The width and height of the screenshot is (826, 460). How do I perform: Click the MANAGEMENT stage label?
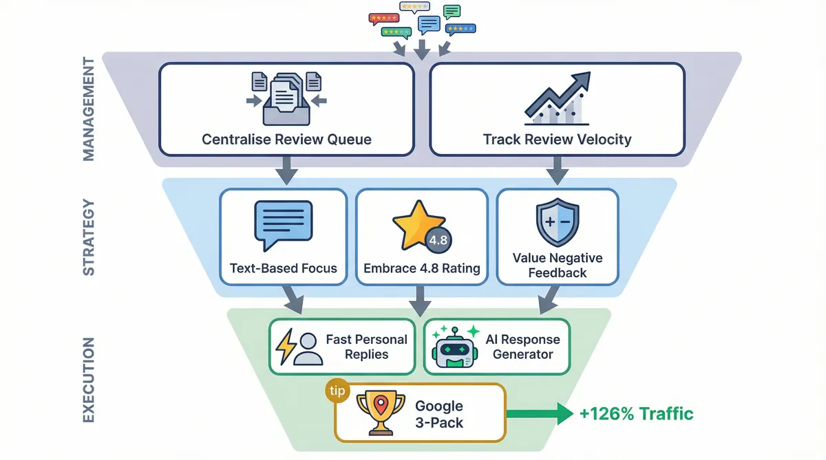[x=89, y=110]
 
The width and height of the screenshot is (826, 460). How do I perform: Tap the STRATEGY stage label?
[x=89, y=237]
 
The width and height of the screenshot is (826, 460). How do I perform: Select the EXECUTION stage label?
[x=89, y=380]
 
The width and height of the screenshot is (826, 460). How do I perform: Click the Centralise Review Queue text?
[x=286, y=140]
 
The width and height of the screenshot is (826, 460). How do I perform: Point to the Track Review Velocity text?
[x=557, y=140]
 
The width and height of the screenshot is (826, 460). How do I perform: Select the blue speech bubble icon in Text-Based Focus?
[x=283, y=225]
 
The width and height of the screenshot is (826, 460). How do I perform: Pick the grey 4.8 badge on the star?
[x=438, y=241]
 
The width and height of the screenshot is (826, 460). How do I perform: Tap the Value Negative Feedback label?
[x=557, y=265]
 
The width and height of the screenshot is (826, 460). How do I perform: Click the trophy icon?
[x=375, y=413]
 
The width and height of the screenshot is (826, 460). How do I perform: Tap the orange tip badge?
[x=337, y=390]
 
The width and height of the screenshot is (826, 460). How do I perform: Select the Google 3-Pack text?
[x=439, y=414]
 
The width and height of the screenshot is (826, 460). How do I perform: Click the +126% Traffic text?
[x=636, y=413]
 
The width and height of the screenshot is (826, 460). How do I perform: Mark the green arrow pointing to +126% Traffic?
[x=540, y=413]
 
